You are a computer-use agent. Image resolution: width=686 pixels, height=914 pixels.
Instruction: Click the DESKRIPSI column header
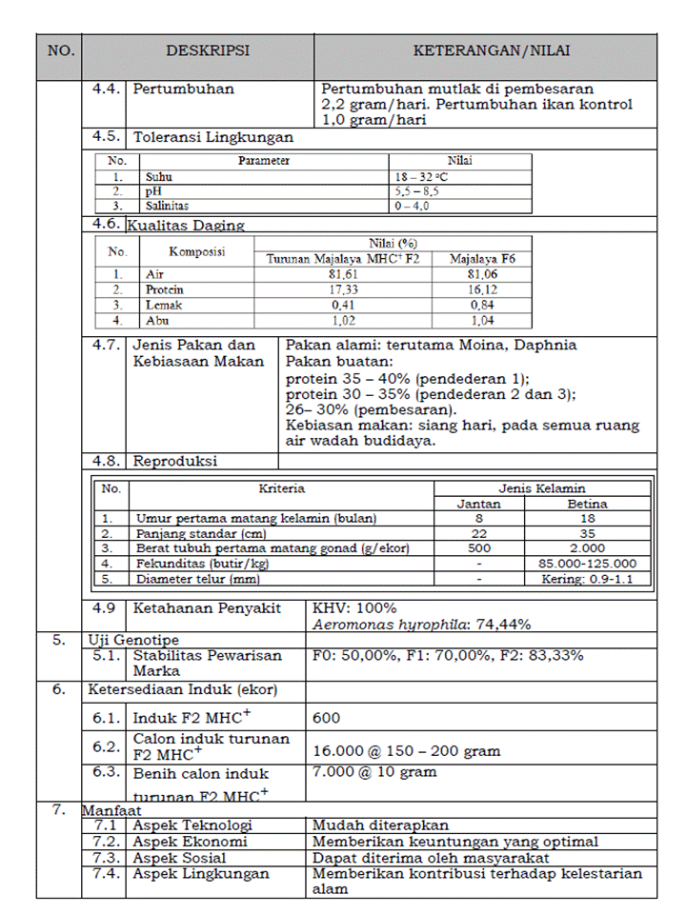point(208,51)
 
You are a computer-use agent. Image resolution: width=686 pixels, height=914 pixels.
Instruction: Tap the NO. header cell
point(60,51)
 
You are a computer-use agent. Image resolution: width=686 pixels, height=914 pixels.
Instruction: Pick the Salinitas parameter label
point(167,205)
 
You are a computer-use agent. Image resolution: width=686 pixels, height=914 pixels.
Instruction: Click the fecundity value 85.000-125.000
point(588,564)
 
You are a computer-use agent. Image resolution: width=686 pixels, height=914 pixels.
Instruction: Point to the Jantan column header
point(479,504)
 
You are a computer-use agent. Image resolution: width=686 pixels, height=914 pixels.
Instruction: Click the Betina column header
point(588,504)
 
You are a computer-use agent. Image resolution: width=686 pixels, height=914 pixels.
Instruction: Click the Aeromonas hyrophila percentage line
point(422,625)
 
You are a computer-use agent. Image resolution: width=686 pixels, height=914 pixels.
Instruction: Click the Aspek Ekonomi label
point(191,842)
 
